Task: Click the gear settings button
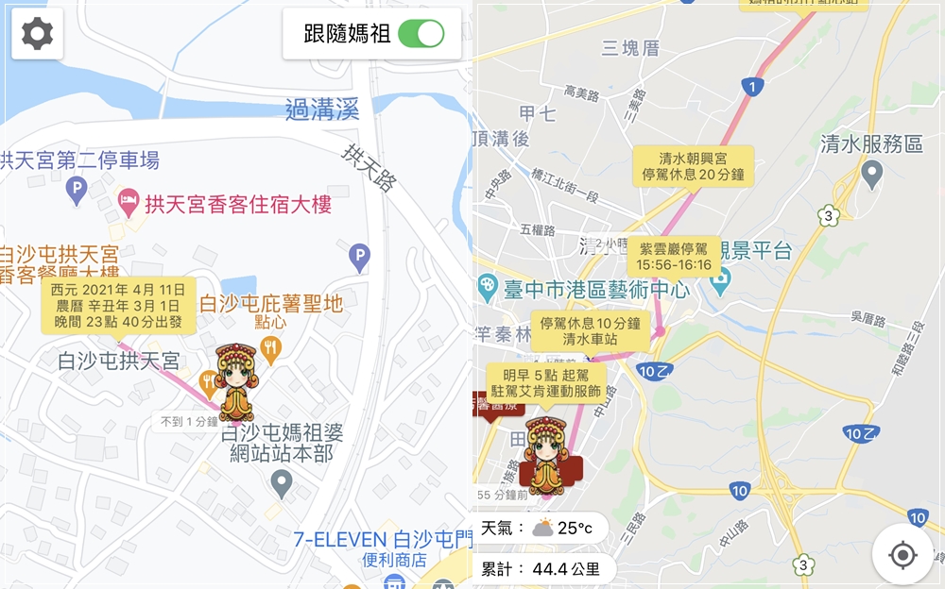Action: point(38,34)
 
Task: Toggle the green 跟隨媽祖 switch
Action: point(421,34)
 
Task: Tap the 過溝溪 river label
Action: point(322,110)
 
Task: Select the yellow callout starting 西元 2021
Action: point(118,305)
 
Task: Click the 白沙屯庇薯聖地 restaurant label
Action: point(270,304)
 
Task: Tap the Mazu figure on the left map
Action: point(234,382)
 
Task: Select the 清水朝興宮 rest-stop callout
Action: point(693,164)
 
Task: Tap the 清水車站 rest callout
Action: point(590,330)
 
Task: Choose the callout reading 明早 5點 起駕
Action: point(545,382)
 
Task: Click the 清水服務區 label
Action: point(871,144)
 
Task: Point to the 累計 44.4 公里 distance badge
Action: point(543,569)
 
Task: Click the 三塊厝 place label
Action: point(630,48)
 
